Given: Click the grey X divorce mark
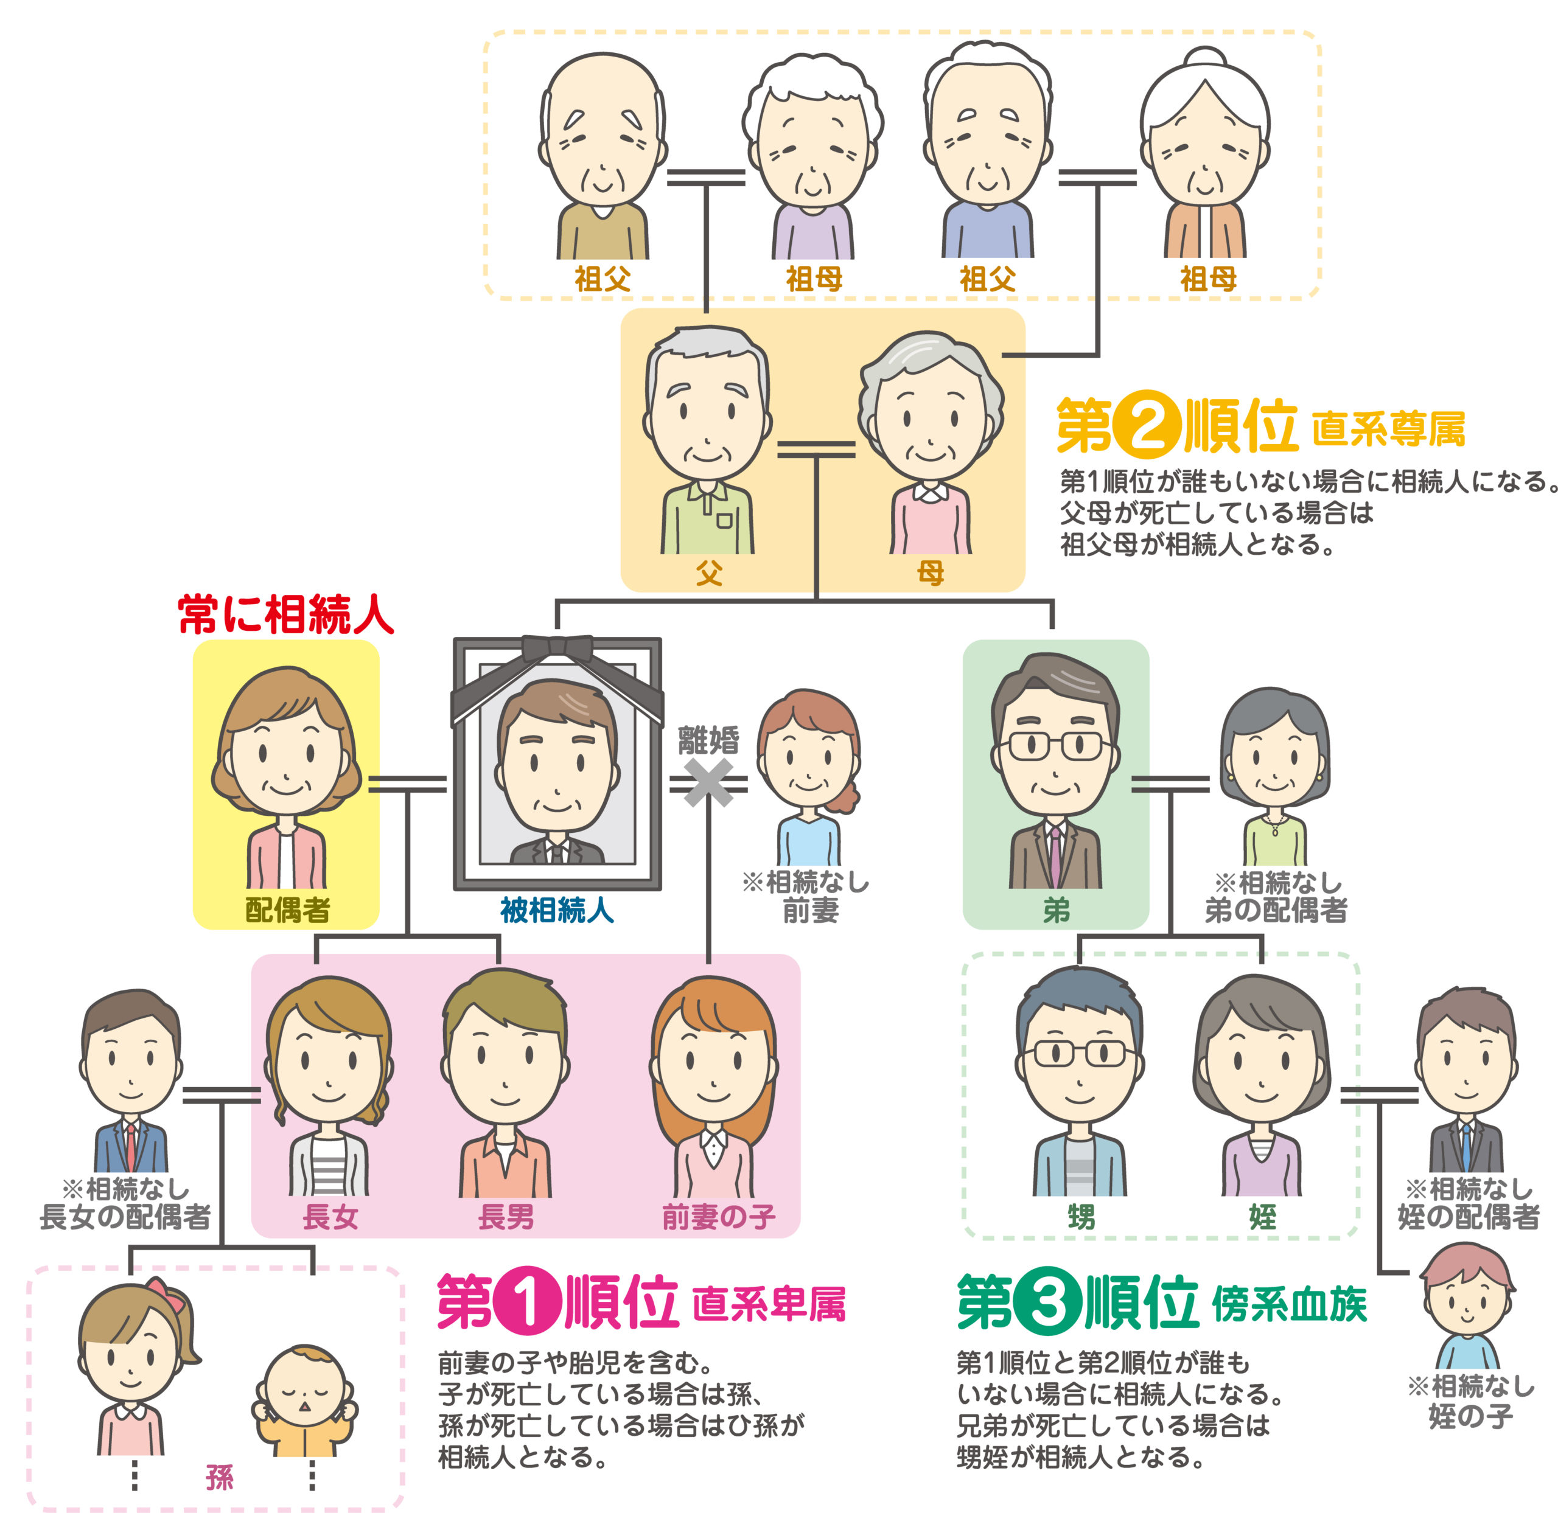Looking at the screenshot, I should click(x=708, y=782).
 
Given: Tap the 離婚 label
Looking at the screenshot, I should click(x=708, y=740).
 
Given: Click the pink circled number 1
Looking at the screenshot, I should click(x=528, y=1304).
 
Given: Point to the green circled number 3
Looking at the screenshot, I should click(x=1047, y=1304).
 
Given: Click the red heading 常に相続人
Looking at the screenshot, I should click(x=286, y=614).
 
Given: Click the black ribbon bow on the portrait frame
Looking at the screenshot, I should click(x=557, y=649).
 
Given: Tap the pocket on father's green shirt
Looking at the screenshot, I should click(x=724, y=521).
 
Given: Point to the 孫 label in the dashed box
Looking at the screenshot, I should click(x=219, y=1476).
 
